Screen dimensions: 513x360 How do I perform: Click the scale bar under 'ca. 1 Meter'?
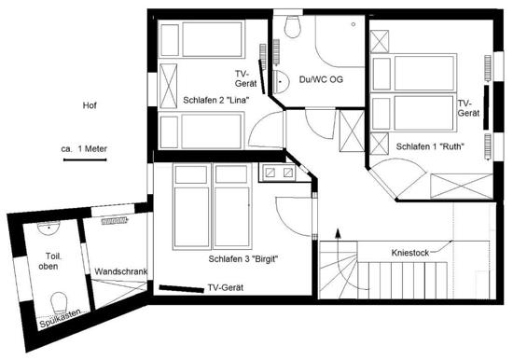[85, 159]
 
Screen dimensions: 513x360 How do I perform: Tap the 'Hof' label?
[90, 105]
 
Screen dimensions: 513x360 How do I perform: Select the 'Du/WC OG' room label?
[321, 79]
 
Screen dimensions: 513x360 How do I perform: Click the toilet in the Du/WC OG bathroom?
[293, 26]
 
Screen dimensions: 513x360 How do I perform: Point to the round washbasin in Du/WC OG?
[281, 82]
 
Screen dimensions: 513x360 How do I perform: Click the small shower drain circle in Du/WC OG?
[354, 24]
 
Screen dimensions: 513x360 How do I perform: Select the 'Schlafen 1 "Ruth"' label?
[430, 146]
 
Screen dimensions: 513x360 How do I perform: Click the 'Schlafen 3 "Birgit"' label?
[243, 259]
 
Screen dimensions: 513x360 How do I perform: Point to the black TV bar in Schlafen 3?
[182, 289]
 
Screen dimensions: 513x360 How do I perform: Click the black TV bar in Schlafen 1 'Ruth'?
[487, 107]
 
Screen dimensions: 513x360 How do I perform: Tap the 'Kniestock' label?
[410, 253]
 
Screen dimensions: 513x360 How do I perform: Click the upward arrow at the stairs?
[338, 236]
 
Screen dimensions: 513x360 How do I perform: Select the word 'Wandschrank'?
[120, 271]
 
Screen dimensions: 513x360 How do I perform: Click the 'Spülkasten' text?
[61, 318]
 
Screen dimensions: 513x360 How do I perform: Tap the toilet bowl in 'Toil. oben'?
[59, 302]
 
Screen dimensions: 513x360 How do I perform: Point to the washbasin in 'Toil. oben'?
[49, 228]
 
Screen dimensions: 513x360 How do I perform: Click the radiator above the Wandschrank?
[114, 221]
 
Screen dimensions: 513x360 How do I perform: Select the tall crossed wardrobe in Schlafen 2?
[168, 86]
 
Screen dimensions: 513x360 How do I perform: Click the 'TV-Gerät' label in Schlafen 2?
[245, 78]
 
